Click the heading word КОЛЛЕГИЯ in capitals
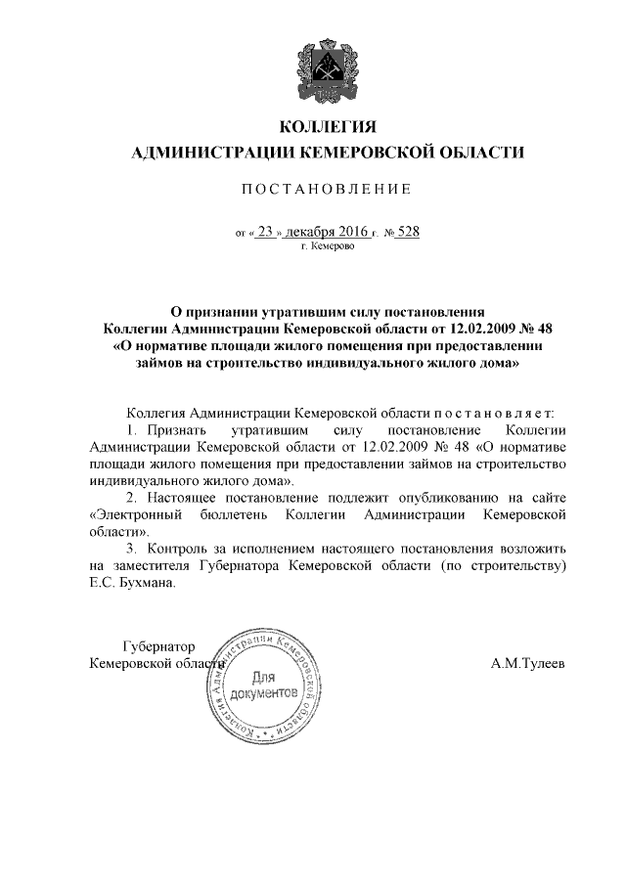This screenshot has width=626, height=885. tap(328, 128)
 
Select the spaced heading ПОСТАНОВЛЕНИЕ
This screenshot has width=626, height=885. tap(328, 188)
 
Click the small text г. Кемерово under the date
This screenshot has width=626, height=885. tap(329, 248)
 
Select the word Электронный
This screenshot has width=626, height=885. tap(137, 514)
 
